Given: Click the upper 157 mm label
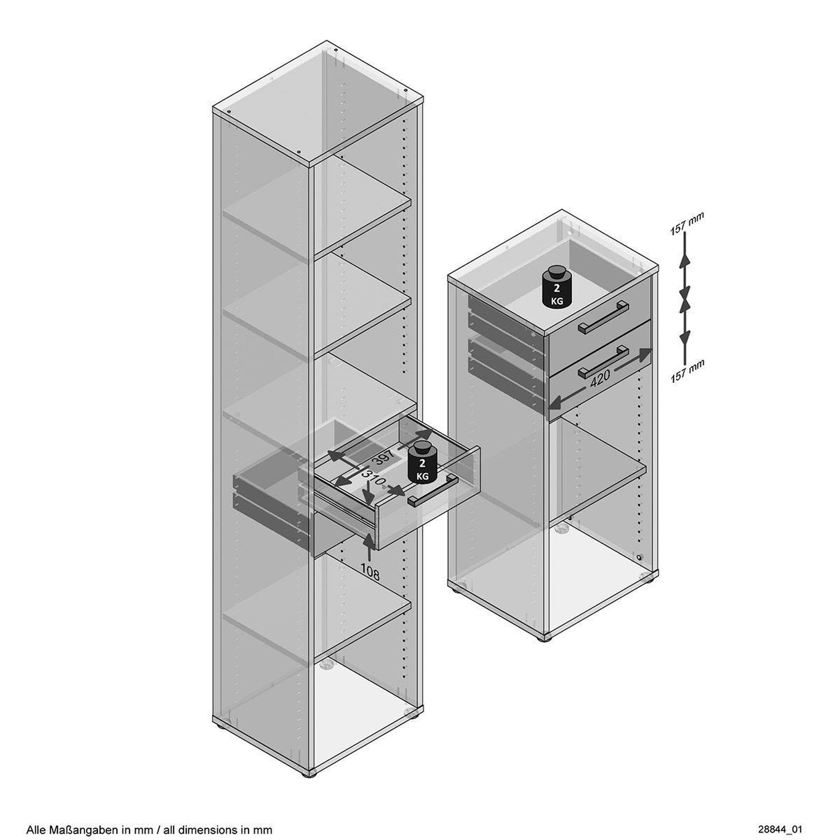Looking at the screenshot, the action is pos(686,224).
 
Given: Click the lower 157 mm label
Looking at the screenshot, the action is pos(687,371).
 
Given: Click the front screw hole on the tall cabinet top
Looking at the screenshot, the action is pos(299,152).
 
